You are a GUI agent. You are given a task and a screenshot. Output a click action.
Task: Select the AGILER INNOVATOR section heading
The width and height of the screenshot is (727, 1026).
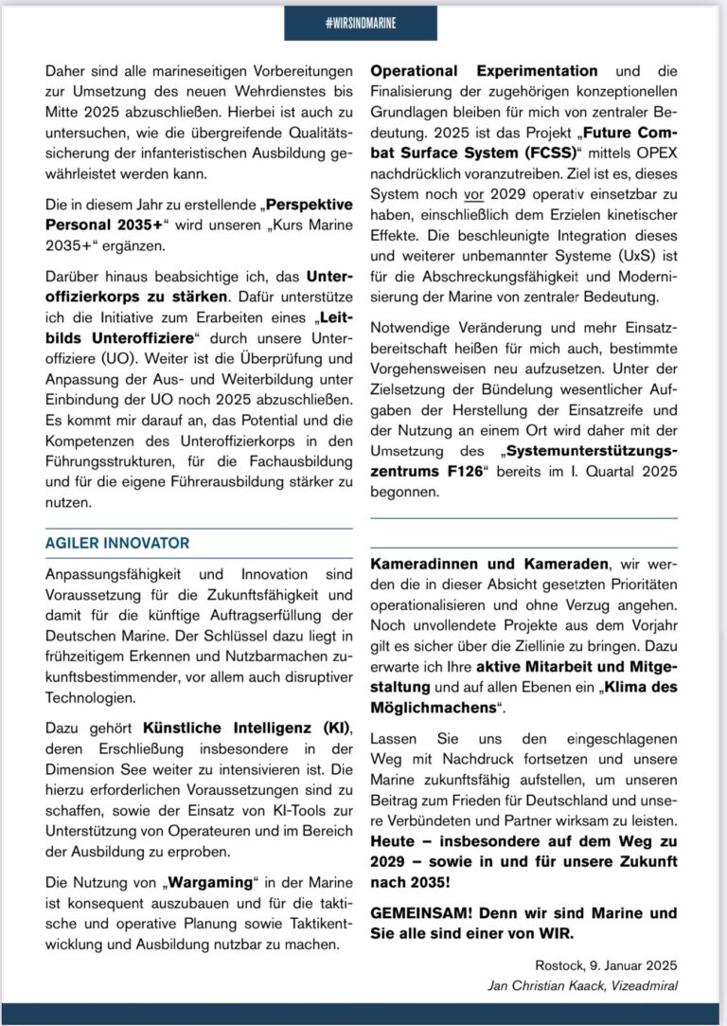coord(117,543)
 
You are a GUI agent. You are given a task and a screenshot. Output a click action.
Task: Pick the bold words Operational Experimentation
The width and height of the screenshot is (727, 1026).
coord(484,71)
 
